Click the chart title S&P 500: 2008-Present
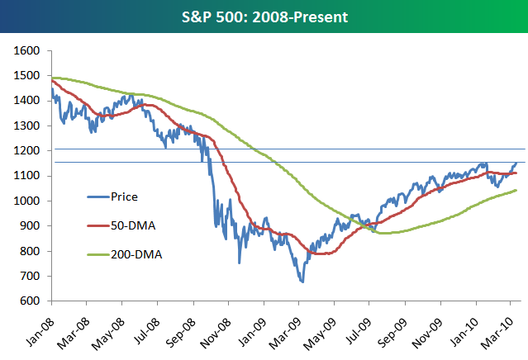264,16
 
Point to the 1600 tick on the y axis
27,50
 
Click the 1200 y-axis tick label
27,150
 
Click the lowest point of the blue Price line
302,282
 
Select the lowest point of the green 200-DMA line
382,233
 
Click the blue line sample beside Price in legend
100,197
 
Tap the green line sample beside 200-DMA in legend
100,253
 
